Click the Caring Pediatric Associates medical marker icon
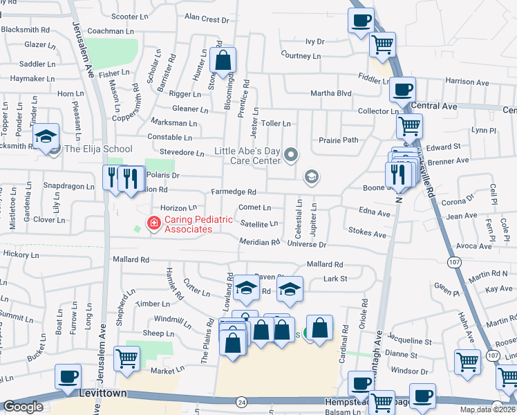pyautogui.click(x=153, y=223)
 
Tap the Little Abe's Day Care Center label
pyautogui.click(x=247, y=156)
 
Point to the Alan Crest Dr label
pyautogui.click(x=207, y=19)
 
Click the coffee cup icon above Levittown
pyautogui.click(x=68, y=377)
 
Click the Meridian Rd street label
pyautogui.click(x=259, y=242)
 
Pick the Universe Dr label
pyautogui.click(x=306, y=245)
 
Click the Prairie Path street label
pyautogui.click(x=339, y=140)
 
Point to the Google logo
pyautogui.click(x=23, y=407)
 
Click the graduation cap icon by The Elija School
pyautogui.click(x=46, y=136)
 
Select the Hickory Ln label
pyautogui.click(x=21, y=255)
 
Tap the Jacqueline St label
pyautogui.click(x=409, y=341)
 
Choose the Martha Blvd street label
pyautogui.click(x=331, y=93)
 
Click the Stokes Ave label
pyautogui.click(x=368, y=234)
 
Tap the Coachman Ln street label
pyautogui.click(x=111, y=31)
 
